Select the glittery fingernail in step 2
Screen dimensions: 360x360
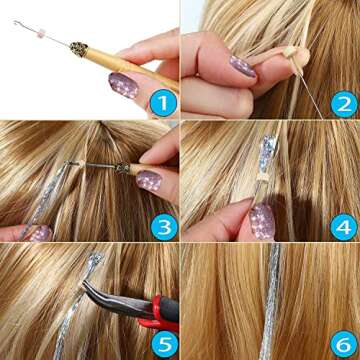(x=242, y=66)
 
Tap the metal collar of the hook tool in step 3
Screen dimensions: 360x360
(x=123, y=168)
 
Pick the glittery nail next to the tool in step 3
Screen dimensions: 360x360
(x=148, y=180)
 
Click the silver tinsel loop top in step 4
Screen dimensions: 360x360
(x=268, y=150)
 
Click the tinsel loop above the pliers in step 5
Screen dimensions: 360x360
(x=95, y=263)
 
